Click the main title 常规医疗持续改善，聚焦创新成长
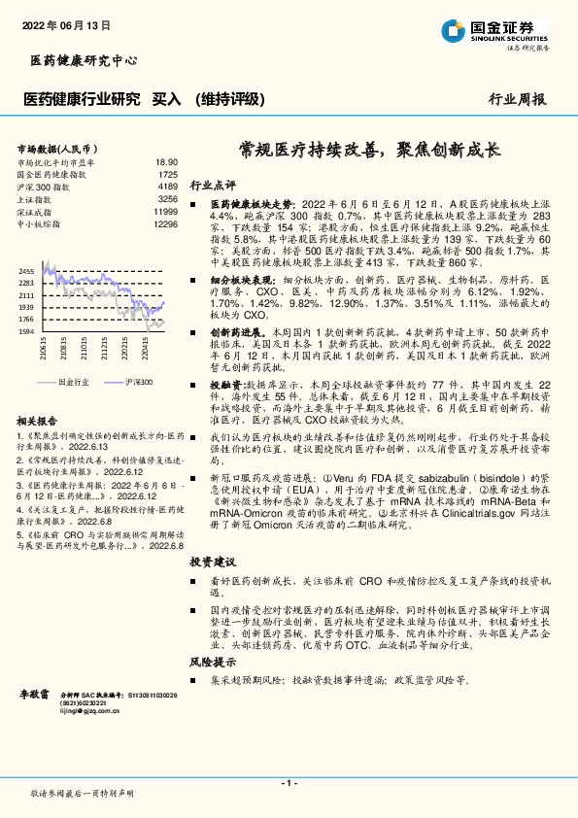(369, 151)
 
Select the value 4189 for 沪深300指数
(167, 187)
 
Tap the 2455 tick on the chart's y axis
(26, 270)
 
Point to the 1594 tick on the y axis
(26, 331)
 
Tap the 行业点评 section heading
(213, 185)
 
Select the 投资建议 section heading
(213, 562)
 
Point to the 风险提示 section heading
(213, 661)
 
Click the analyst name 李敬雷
(38, 697)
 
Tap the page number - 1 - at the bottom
(289, 782)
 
